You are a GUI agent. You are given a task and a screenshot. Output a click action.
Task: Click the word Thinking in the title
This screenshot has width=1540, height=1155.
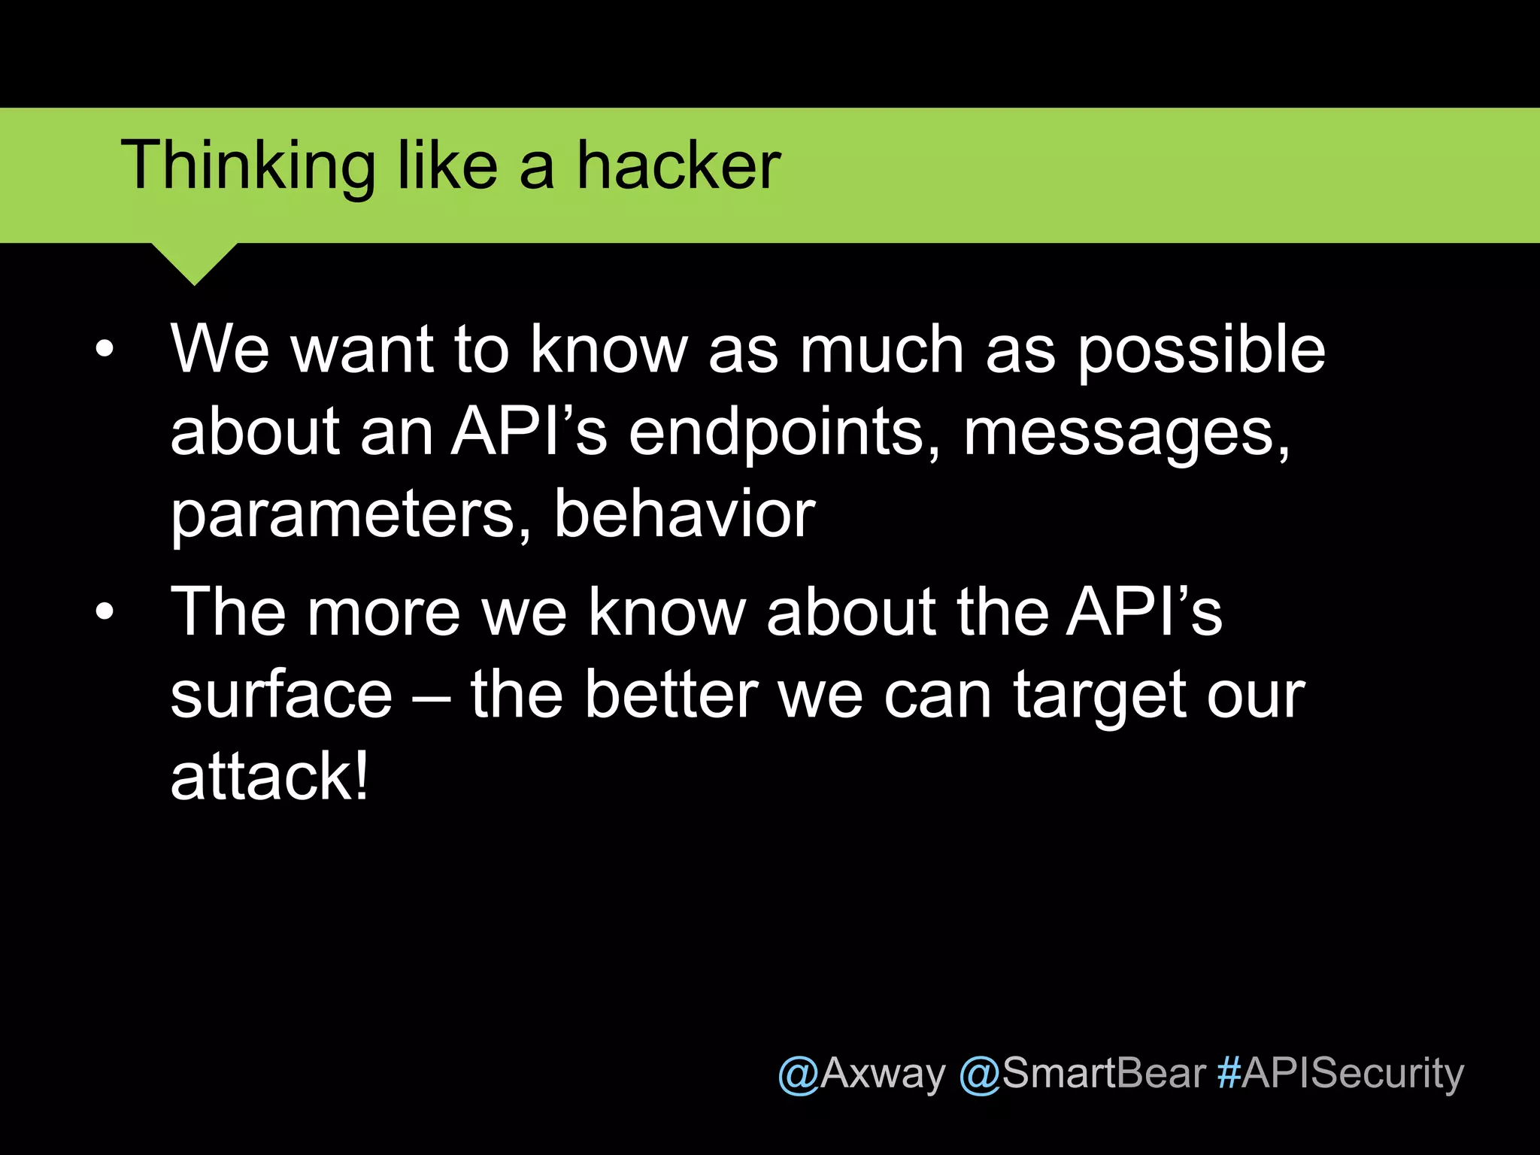[248, 167]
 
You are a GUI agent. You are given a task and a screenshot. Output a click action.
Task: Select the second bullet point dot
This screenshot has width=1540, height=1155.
[105, 611]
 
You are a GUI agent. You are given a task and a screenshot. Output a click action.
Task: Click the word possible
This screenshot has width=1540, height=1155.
[1201, 350]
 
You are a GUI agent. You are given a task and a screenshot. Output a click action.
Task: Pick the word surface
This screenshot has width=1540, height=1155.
[281, 695]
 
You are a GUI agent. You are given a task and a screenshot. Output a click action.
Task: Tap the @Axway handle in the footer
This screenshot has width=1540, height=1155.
[862, 1073]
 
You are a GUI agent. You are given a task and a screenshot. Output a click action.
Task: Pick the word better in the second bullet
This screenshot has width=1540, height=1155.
[671, 695]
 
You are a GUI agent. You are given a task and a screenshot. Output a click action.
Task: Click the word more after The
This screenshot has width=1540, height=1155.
[383, 613]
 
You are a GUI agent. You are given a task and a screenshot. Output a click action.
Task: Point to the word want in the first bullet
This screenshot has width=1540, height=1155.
[362, 350]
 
